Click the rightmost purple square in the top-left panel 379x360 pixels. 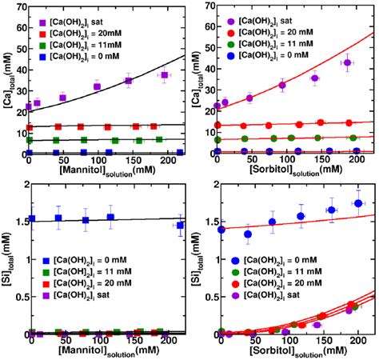164,75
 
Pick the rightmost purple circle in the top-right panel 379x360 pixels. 346,62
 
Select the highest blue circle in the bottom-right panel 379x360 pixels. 358,203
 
